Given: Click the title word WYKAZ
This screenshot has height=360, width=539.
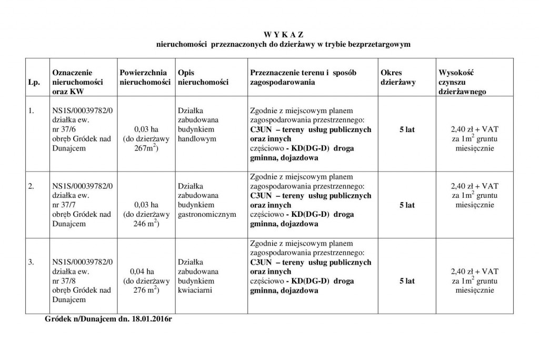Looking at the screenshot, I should pos(284,35).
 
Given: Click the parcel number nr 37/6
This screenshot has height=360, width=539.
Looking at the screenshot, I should pos(64,129).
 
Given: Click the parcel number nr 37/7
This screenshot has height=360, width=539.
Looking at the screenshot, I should pos(64,205).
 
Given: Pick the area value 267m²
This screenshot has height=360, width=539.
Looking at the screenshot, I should pos(146,149).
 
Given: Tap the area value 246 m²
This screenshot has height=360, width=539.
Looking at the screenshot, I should pos(146,224).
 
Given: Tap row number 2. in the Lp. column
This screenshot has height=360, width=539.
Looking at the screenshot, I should pos(32,186).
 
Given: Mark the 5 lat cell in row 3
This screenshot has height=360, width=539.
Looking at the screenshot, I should pos(407,281).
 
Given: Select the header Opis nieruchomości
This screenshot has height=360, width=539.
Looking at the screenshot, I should pos(203,77).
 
